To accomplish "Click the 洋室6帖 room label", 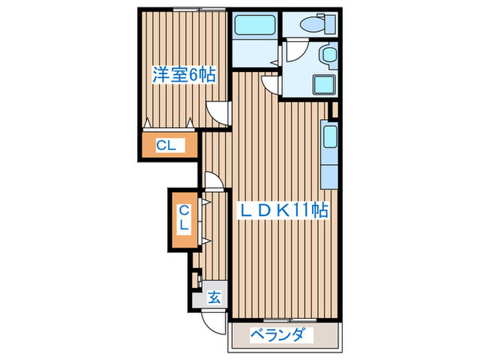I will coord(184,74).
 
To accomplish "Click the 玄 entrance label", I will coord(215,298).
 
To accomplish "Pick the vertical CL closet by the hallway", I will coord(184,218).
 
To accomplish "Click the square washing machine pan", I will coord(324,84).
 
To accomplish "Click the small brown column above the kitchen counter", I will coord(334,108).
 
